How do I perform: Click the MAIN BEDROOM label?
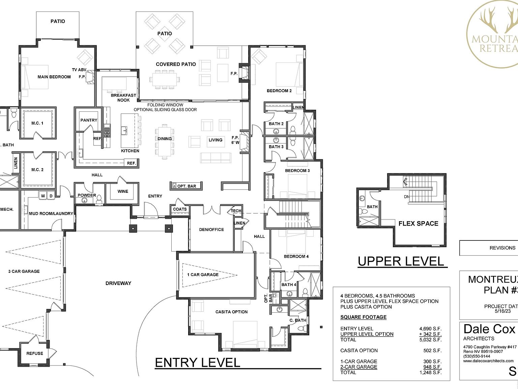coord(54,77)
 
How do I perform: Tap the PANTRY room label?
coord(89,120)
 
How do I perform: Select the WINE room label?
coord(123,191)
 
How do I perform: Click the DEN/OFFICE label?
coord(211,230)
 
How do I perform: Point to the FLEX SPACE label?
coord(418,224)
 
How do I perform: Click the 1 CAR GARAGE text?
coord(203,275)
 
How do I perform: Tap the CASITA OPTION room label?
coord(231,312)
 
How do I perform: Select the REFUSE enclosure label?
coord(35,354)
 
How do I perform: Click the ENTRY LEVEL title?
coord(197,363)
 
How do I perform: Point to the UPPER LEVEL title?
coord(401,261)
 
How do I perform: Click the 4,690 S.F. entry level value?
coord(430,329)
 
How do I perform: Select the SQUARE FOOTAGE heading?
coord(363,317)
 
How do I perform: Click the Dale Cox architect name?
coord(489,329)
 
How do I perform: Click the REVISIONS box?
coord(502,248)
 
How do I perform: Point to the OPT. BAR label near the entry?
coord(186,186)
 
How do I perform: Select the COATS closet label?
coord(180,209)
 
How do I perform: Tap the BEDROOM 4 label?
coord(296,257)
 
